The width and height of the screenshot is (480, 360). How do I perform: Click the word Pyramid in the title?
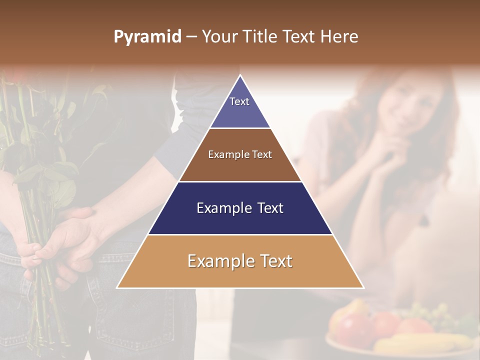pos(147,37)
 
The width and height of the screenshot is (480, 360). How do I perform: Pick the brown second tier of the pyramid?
pos(240,155)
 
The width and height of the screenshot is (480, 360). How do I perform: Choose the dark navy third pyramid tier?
pos(240,208)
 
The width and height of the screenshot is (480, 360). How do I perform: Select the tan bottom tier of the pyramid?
pos(240,261)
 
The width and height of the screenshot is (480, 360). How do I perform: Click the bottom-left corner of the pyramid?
pos(118,287)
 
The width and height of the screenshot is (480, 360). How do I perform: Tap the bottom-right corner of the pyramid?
pos(363,287)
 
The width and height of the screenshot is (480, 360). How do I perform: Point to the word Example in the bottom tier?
pos(218,261)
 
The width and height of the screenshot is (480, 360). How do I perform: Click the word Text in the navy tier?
pos(267,208)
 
